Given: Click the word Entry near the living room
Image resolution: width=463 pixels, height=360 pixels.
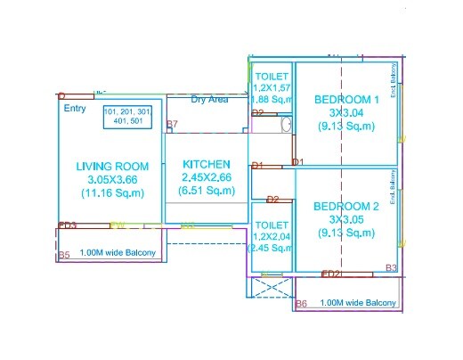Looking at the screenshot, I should tap(75, 108).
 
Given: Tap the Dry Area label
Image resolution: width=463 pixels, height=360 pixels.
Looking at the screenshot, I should tap(209, 100).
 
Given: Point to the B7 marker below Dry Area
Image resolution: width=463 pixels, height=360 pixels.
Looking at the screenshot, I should tap(173, 124).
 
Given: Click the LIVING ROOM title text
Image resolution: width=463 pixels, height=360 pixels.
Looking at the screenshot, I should tap(112, 167).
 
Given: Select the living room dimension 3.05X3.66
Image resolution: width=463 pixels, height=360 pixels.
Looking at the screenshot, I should tap(112, 179).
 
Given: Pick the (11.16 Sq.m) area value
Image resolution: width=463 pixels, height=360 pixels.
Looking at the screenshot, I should tap(112, 192).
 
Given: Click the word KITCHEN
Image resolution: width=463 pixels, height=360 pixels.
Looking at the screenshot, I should tap(207, 165).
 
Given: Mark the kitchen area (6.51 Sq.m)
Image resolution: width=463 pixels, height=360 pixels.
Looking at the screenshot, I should tap(207, 191).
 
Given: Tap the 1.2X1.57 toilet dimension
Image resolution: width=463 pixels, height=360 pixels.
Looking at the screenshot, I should tap(272, 89).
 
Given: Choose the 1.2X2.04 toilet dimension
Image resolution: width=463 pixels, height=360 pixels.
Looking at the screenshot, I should tap(272, 236).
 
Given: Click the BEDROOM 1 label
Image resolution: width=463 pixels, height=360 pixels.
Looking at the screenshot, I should tap(347, 100).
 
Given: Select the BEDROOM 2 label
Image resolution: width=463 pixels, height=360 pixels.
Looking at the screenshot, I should tap(347, 207).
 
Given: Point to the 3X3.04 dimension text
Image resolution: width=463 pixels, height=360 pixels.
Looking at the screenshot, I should tap(347, 113).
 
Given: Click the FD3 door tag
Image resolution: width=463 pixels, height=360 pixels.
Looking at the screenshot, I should tap(68, 225).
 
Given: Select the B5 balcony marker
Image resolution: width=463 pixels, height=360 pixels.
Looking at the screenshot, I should tap(63, 256).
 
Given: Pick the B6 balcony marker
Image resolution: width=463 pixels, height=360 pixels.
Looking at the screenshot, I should tap(301, 304).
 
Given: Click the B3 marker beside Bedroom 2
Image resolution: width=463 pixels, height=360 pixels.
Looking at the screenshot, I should tap(391, 268).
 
